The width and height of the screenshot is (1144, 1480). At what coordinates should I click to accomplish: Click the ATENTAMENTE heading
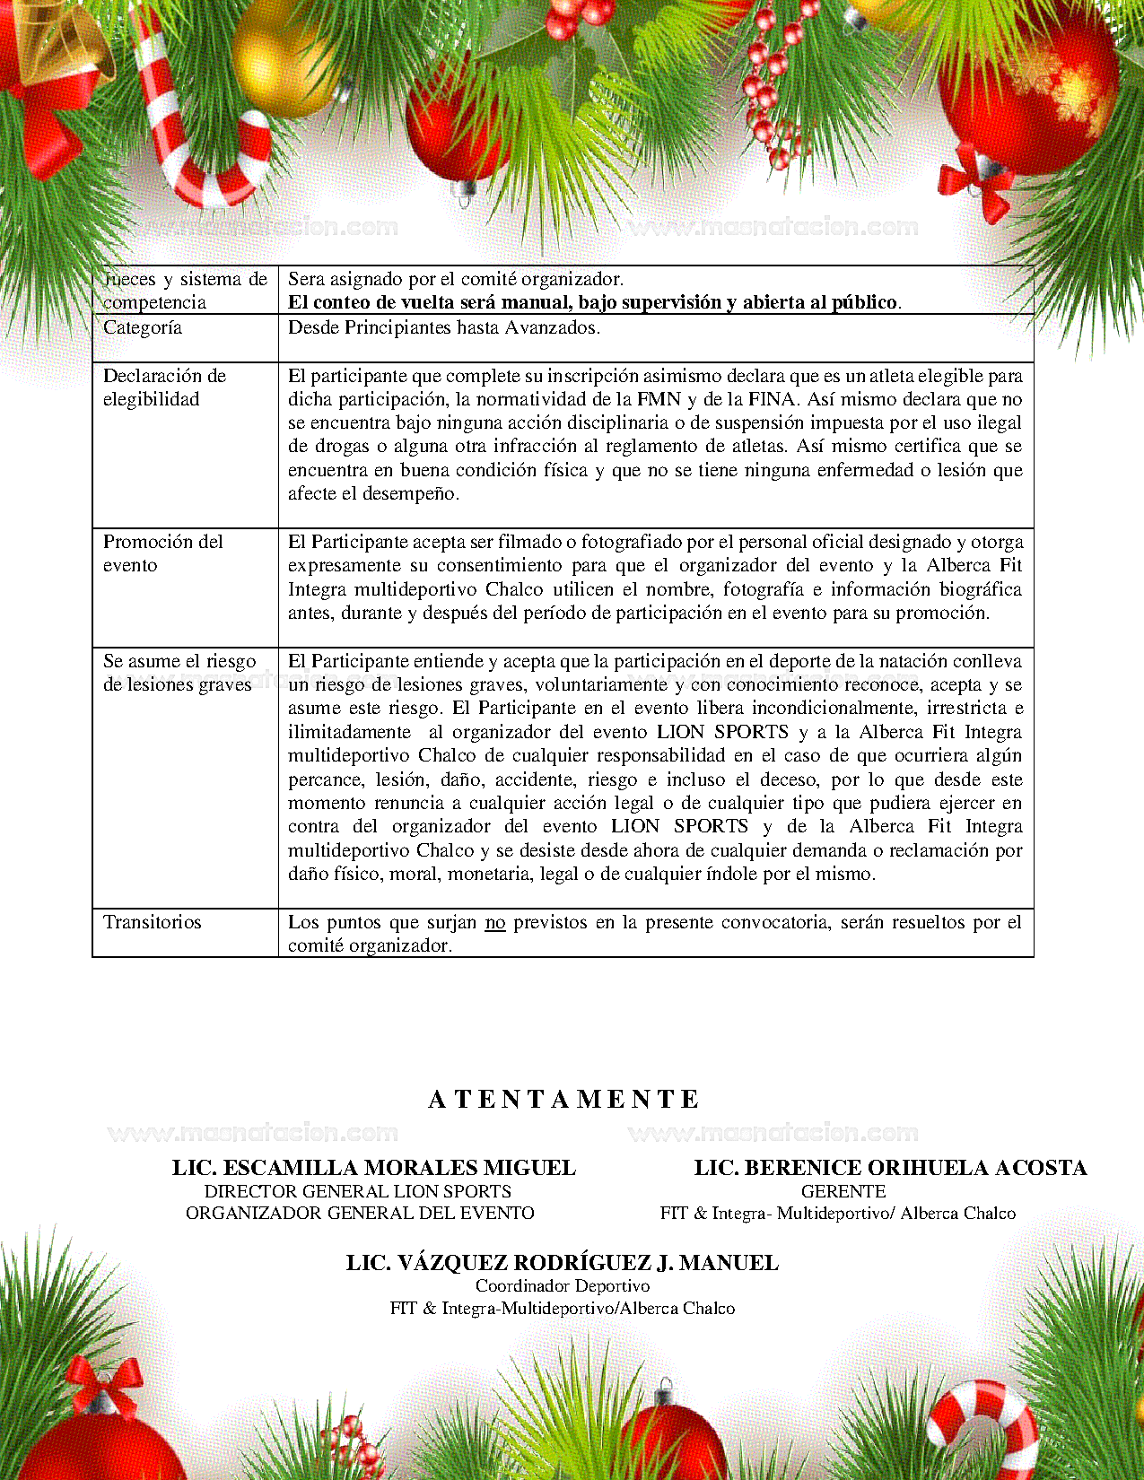(563, 1099)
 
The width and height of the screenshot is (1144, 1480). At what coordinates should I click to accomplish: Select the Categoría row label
(143, 327)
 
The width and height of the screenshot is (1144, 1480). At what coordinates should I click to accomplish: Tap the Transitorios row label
(153, 922)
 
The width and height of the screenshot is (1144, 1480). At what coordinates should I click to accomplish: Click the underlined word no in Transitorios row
(495, 922)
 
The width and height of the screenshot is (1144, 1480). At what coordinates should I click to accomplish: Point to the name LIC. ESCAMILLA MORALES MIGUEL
(374, 1167)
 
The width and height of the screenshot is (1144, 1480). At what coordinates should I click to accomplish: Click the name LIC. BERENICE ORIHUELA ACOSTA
(890, 1167)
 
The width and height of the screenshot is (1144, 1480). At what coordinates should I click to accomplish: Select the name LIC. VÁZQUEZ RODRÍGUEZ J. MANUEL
(563, 1263)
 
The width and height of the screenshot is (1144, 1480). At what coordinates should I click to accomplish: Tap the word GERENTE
(843, 1191)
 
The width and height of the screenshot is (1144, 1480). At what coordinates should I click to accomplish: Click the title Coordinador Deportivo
(563, 1285)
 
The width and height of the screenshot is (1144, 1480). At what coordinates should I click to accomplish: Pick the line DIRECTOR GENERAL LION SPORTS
(358, 1191)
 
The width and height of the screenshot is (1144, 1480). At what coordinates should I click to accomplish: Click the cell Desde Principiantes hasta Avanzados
(444, 327)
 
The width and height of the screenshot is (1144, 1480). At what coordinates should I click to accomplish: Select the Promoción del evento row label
(162, 553)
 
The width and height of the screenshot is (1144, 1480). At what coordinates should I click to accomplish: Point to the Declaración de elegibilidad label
(164, 387)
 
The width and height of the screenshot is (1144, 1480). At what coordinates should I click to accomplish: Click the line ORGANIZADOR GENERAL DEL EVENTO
(360, 1213)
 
